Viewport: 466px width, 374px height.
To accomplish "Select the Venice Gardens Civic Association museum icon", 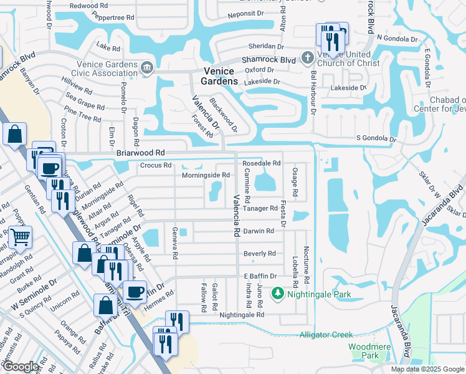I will (147, 67).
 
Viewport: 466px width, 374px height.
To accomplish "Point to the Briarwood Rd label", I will (140, 153).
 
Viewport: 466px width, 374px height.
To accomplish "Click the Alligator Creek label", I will (326, 335).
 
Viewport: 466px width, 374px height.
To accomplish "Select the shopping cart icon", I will (20, 237).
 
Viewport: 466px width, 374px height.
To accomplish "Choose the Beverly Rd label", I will (259, 254).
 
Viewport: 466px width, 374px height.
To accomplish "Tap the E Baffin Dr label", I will (259, 276).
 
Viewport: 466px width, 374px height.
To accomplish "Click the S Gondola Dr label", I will (376, 138).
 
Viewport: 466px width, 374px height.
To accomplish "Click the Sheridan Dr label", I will (266, 46).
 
